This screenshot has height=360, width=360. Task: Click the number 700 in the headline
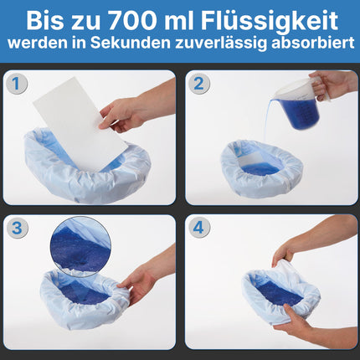(x=131, y=21)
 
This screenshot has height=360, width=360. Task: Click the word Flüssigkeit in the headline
(x=270, y=22)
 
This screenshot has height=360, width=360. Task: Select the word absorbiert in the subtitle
(x=313, y=44)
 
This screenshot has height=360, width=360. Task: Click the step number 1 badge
(x=17, y=84)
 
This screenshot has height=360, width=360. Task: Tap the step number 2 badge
(x=198, y=84)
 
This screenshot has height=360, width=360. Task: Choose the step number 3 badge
(x=17, y=228)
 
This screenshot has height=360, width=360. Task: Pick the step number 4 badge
(x=198, y=228)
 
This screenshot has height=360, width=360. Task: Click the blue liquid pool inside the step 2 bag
(x=260, y=168)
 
